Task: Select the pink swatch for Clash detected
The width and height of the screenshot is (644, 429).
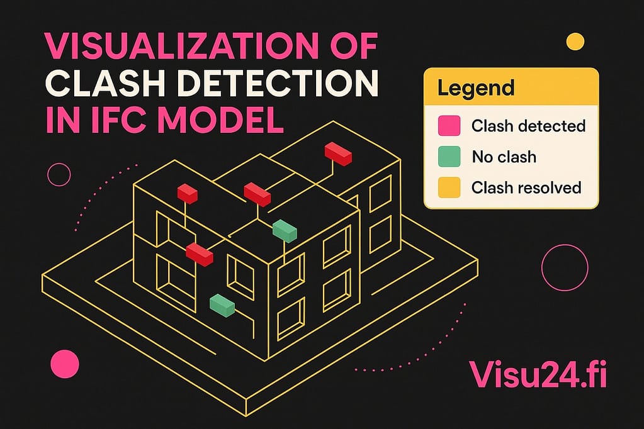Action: (449, 126)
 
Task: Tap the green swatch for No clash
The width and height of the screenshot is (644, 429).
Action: (449, 156)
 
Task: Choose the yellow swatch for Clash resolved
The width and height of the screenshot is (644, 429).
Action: (449, 187)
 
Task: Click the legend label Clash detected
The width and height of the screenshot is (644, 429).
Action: (528, 126)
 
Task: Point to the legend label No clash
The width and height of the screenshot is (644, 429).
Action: (504, 156)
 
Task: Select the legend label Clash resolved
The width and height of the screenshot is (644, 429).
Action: (526, 187)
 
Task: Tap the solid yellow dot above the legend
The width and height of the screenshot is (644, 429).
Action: (575, 42)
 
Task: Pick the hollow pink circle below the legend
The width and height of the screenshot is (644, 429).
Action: (564, 267)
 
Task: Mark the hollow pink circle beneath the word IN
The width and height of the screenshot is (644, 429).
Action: (59, 174)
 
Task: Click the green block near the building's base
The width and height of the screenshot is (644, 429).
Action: (222, 304)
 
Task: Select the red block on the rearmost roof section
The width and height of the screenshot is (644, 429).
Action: (338, 154)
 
